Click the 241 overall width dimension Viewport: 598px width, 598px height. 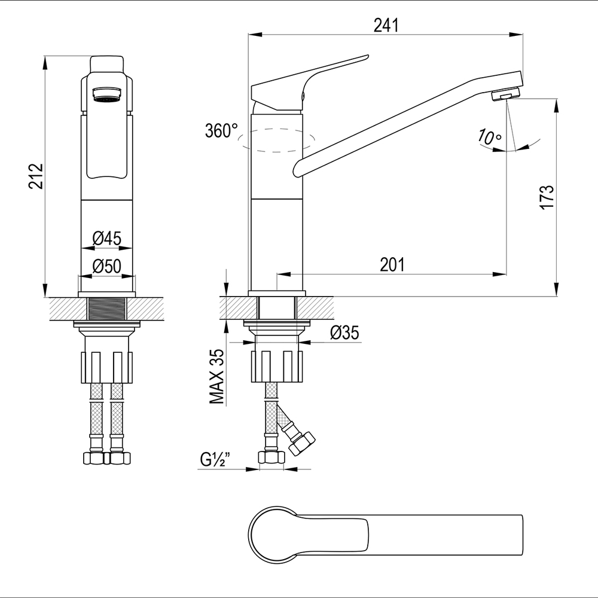point(386,26)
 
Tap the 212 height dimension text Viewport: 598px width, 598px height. point(36,176)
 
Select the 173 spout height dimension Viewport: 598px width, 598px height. point(546,197)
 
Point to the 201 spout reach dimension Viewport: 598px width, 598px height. point(392,264)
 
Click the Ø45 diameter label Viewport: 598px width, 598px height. point(107,239)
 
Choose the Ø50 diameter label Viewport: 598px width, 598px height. point(107,266)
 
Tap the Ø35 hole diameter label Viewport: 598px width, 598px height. point(345,332)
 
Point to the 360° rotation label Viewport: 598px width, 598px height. point(222,131)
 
